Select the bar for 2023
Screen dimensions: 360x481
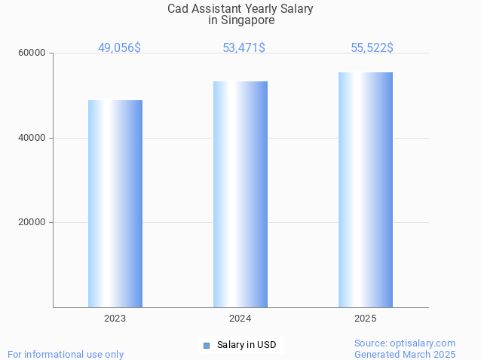coord(115,203)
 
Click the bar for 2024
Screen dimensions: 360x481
coord(240,194)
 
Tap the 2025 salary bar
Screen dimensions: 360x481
coord(366,190)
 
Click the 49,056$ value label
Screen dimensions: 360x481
coord(119,47)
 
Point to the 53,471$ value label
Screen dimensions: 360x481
coord(244,47)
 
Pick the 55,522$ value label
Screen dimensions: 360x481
coord(372,47)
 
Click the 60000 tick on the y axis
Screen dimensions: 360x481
coord(32,53)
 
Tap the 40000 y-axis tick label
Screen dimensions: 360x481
coord(32,138)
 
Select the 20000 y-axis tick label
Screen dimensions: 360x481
coord(32,223)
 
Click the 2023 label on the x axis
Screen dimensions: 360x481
coord(115,319)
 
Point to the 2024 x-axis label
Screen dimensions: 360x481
coord(240,319)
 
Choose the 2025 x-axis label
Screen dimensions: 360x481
coord(366,319)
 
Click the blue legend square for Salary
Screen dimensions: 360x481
coord(206,346)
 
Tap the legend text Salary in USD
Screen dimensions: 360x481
coord(247,345)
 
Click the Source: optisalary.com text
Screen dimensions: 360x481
coord(405,343)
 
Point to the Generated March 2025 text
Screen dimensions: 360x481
coord(405,354)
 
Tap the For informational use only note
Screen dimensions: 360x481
coord(66,354)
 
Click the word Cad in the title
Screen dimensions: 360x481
coord(178,9)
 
